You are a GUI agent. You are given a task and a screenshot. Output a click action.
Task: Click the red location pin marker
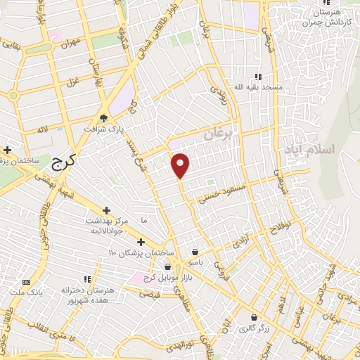[181, 165]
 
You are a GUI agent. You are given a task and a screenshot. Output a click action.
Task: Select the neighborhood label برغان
[222, 133]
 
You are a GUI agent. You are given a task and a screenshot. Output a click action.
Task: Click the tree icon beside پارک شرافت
[104, 117]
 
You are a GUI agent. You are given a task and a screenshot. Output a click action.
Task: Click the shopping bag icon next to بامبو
[195, 252]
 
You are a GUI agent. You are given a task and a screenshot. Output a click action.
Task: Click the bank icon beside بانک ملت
[27, 281]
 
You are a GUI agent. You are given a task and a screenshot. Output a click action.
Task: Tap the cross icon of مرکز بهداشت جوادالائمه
[107, 210]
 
